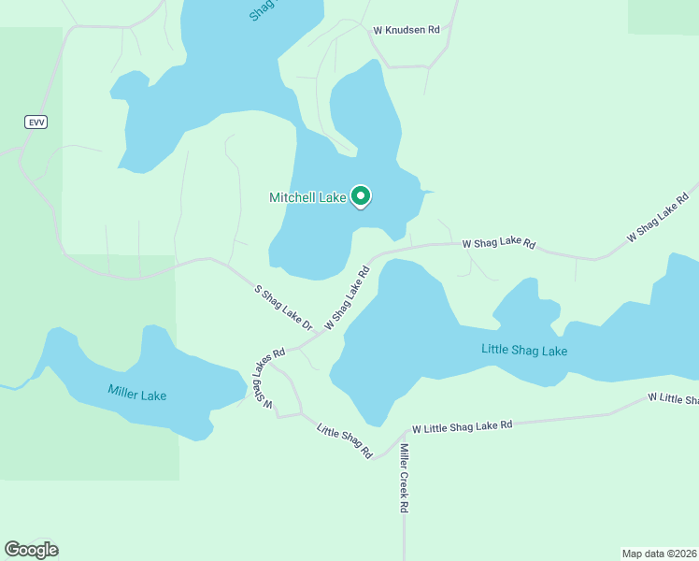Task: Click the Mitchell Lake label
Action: tap(307, 197)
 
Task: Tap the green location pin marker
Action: tap(361, 196)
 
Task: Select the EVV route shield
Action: tap(35, 122)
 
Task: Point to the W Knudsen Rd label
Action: tap(406, 30)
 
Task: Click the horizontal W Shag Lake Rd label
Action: tap(499, 244)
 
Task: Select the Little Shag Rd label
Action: tap(345, 441)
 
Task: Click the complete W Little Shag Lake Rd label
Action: tap(463, 425)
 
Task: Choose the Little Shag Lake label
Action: tap(524, 350)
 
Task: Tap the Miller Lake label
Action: tap(136, 394)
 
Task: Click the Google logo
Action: tap(31, 550)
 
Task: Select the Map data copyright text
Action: tap(659, 553)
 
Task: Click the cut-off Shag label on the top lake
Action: tap(266, 11)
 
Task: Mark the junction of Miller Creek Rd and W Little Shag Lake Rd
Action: tap(405, 432)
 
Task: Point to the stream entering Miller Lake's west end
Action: tap(11, 385)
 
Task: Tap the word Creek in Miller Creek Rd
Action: tap(405, 478)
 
